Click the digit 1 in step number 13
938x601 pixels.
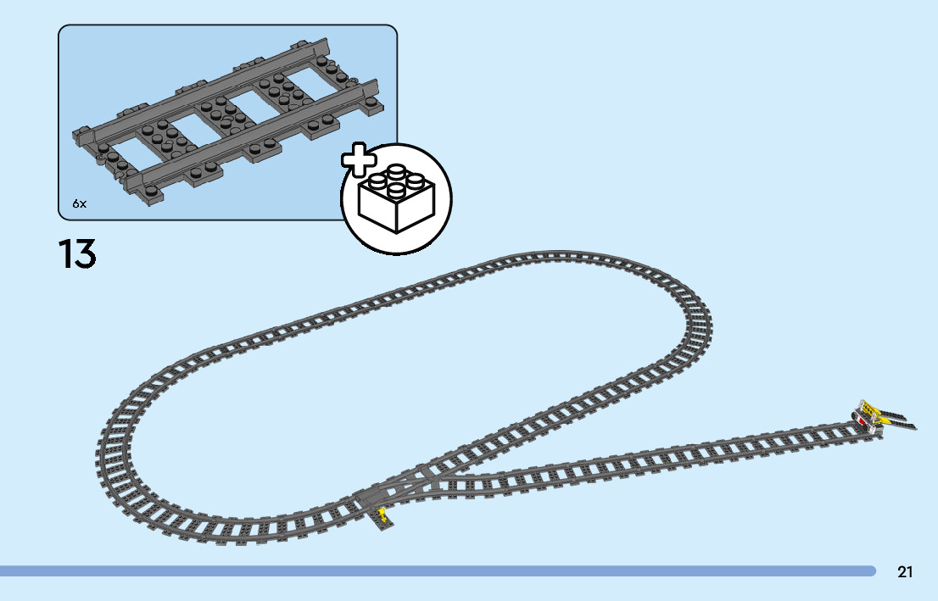(64, 254)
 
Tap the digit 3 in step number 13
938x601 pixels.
(83, 254)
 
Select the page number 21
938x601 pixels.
(905, 572)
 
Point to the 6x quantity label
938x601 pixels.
(79, 203)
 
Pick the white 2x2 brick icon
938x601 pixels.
(396, 199)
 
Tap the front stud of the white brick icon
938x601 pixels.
(395, 188)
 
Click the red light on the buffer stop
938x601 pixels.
(863, 420)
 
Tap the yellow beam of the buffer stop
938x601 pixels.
(869, 409)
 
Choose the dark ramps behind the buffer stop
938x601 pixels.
(899, 420)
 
